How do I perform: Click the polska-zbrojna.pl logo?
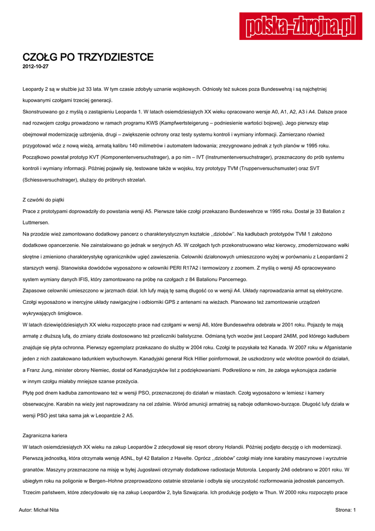click(300, 25)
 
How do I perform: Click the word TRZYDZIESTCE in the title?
click(115, 57)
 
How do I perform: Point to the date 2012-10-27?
click(36, 67)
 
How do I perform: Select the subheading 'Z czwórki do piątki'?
click(44, 200)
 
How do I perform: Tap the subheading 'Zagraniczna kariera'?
click(45, 435)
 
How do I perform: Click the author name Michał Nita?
click(46, 510)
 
